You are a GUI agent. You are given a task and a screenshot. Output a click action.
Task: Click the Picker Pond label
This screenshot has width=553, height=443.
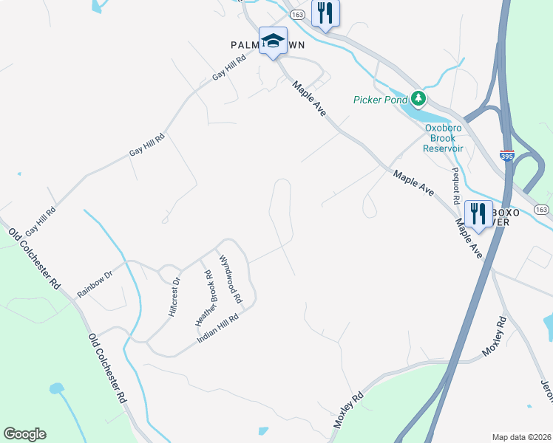click(x=380, y=100)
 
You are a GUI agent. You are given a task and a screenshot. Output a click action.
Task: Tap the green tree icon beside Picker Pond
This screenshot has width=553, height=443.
click(x=418, y=98)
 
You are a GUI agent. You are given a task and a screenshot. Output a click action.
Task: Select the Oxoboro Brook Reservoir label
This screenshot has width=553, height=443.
click(x=443, y=137)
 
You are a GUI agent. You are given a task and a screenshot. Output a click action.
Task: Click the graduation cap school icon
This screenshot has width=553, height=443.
click(x=273, y=41)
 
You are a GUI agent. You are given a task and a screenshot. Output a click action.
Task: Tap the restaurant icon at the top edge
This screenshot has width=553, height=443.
click(x=325, y=12)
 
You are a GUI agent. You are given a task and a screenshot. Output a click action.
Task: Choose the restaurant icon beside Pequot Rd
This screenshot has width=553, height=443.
click(x=479, y=214)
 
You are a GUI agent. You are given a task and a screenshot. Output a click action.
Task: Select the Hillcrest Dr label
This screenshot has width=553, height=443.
click(x=174, y=297)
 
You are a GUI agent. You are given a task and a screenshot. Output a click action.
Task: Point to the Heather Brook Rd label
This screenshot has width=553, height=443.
click(x=203, y=298)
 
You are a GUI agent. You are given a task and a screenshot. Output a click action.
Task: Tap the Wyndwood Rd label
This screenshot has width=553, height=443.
click(x=230, y=279)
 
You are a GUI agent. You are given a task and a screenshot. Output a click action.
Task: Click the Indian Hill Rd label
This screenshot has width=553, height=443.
click(x=217, y=329)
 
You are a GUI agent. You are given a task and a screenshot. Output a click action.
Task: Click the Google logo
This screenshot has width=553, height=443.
click(x=24, y=434)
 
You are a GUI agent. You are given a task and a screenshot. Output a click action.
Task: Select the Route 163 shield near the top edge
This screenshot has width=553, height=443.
click(x=297, y=14)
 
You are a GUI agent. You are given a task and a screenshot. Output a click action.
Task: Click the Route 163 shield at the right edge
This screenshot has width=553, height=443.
click(x=541, y=210)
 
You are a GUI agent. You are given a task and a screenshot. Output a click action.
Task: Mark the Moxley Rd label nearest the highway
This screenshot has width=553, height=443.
click(x=495, y=337)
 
